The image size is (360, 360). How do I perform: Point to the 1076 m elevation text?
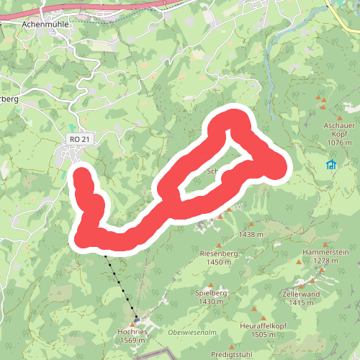pos(341,143)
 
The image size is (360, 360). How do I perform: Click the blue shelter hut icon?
pos(331,165)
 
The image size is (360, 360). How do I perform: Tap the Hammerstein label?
pos(325,253)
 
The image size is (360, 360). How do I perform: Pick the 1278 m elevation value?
pos(325,261)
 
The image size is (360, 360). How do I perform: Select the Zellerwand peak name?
pos(301,294)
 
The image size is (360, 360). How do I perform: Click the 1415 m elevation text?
pos(301,303)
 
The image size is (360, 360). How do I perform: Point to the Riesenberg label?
pos(217,253)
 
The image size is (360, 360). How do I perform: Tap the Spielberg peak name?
pos(211,293)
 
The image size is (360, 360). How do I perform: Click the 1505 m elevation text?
pos(264,335)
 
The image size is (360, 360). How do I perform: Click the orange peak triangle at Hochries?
pos(132,323)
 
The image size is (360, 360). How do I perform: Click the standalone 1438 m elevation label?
pos(251,235)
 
